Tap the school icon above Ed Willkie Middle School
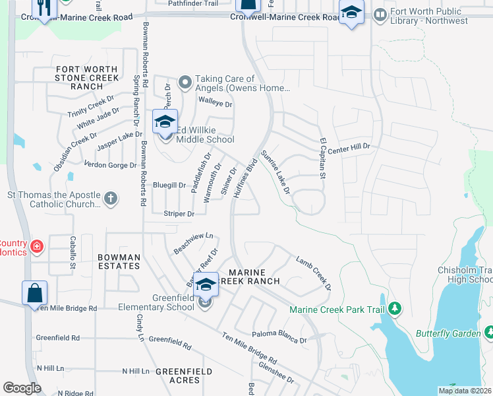[x=165, y=121]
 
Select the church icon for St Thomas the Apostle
[x=111, y=197]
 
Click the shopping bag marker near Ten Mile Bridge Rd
[x=34, y=292]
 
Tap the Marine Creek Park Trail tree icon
[x=395, y=308]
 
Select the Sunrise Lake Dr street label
[x=276, y=171]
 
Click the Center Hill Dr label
[x=351, y=148]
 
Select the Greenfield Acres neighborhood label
[x=185, y=376]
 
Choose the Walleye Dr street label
[x=216, y=104]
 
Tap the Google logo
[x=22, y=388]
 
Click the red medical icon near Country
[x=37, y=247]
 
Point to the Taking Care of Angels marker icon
[x=185, y=82]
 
